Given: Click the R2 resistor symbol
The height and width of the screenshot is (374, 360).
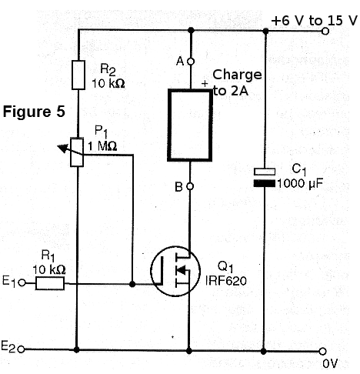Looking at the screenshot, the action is (78, 75).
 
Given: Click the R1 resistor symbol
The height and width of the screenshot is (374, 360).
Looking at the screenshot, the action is (50, 283).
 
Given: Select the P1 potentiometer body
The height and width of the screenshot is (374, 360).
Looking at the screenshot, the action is (77, 152).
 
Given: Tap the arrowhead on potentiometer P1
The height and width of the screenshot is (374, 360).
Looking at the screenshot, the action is (62, 148).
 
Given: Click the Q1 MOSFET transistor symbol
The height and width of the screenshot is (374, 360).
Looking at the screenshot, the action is (175, 271).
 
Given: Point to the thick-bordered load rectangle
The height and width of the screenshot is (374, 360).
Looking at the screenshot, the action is (190, 125).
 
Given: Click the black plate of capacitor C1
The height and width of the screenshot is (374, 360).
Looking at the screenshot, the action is (265, 183).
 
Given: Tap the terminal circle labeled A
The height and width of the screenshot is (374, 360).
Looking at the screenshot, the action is (191, 62).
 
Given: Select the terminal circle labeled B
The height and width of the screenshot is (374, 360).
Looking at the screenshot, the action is (190, 186).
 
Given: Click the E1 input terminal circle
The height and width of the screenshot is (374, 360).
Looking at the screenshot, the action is (22, 282).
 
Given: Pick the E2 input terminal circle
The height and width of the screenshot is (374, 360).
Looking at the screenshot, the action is (22, 349).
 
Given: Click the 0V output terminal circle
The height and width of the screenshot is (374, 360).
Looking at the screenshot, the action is (322, 351).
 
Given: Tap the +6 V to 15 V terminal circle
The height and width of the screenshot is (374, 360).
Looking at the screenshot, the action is (325, 32).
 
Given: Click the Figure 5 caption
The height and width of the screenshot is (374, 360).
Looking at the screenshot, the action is (34, 112).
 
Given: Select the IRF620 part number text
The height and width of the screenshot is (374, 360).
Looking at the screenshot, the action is (226, 281).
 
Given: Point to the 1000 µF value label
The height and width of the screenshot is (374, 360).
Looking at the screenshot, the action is (300, 183).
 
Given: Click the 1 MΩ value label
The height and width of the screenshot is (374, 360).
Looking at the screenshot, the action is (102, 146).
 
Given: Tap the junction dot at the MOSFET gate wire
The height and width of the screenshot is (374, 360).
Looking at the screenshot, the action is (132, 284).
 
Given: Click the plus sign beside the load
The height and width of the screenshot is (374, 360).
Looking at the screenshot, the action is (205, 84).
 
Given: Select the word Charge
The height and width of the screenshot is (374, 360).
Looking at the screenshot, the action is (237, 75).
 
